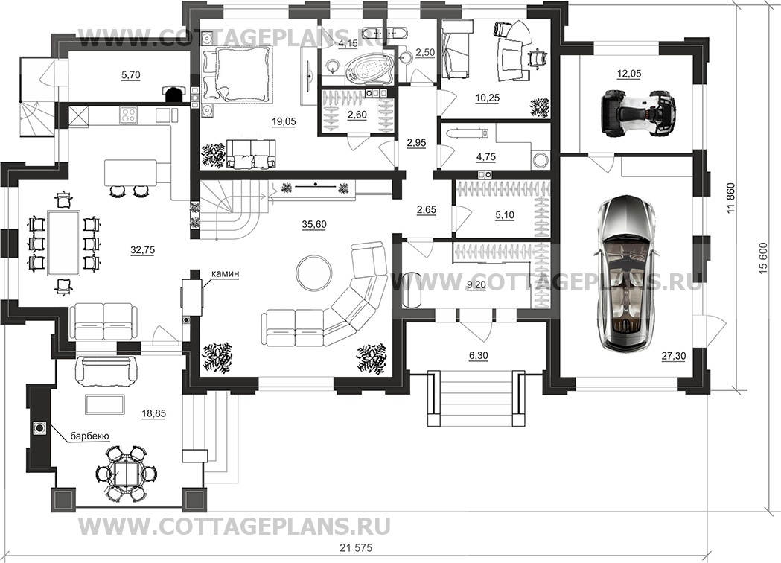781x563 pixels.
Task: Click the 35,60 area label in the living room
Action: [313, 225]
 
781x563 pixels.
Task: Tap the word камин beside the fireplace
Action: [225, 273]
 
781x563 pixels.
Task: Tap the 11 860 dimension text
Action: [731, 199]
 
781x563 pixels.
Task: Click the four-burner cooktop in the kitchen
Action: [129, 115]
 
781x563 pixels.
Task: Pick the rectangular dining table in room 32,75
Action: [63, 242]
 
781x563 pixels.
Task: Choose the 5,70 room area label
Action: [130, 75]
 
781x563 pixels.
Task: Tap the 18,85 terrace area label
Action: [153, 413]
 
